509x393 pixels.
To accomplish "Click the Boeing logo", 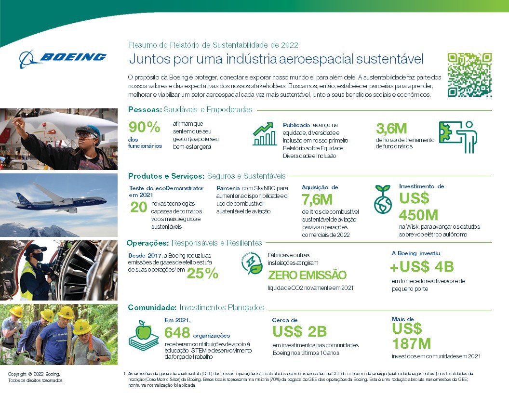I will click(x=63, y=58).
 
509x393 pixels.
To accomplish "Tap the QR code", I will click(x=470, y=75).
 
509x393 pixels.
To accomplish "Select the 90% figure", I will click(x=144, y=128).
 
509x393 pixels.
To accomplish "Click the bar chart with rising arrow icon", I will click(x=265, y=134).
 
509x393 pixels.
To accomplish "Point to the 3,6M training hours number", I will click(x=391, y=129).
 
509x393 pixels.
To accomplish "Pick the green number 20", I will click(x=139, y=207).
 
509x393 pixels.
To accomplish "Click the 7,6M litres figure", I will click(x=317, y=200).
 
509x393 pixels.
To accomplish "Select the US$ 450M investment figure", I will click(x=418, y=207).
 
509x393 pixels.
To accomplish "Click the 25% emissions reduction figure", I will click(x=202, y=274).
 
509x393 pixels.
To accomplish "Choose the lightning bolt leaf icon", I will click(x=252, y=263).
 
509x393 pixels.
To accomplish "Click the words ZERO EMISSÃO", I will click(x=307, y=275).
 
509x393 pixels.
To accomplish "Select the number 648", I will click(x=177, y=333).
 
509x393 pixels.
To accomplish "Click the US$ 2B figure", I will click(x=299, y=331).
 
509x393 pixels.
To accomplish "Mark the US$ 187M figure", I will click(x=411, y=336).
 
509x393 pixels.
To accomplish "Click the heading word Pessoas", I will click(x=145, y=110).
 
